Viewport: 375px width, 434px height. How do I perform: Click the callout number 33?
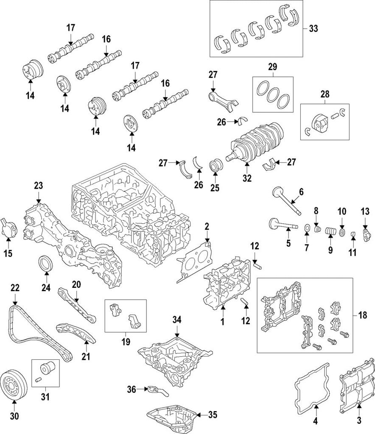(313, 29)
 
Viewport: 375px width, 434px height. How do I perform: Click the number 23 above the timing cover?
(39, 185)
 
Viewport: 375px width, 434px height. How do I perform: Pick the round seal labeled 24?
(46, 262)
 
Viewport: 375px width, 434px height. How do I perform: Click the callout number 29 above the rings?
(273, 67)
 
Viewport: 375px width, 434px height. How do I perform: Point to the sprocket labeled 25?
(216, 166)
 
